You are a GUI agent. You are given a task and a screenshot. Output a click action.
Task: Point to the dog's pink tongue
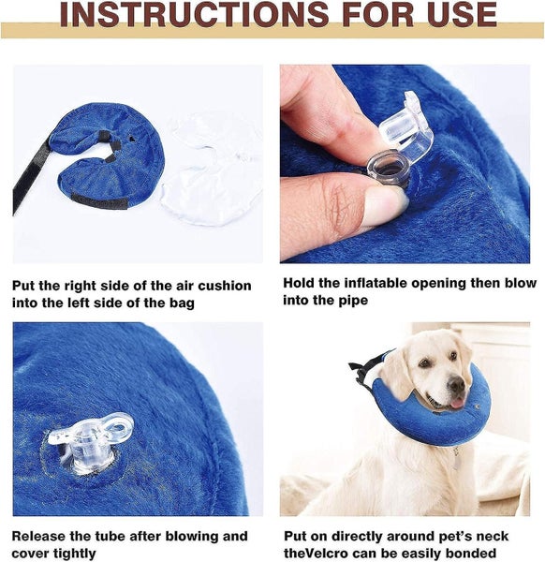pos(456,403)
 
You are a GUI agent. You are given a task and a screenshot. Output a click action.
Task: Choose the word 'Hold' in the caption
pos(298,284)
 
